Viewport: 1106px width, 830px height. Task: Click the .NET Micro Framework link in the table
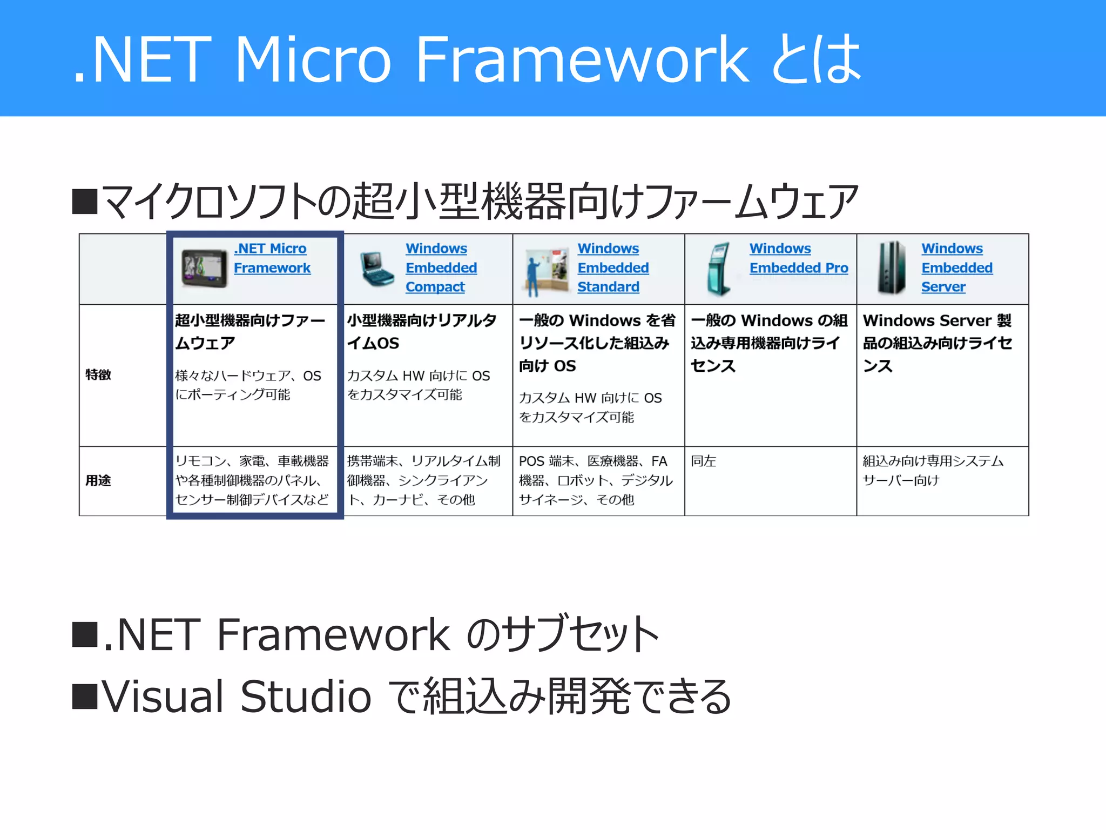click(271, 258)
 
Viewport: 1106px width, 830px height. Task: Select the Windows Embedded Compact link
click(440, 268)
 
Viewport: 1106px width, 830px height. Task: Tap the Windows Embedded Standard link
click(612, 268)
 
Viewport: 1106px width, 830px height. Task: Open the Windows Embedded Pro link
click(798, 258)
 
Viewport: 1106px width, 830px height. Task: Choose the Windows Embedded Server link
click(956, 268)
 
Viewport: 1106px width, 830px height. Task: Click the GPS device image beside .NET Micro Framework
click(204, 268)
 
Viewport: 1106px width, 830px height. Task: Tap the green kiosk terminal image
click(719, 269)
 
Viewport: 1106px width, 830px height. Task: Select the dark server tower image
click(892, 268)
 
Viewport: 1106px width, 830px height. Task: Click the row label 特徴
click(98, 374)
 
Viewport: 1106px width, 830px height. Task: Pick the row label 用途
click(98, 480)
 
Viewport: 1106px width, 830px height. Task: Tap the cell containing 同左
click(703, 461)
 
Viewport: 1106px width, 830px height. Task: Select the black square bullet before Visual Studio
click(85, 696)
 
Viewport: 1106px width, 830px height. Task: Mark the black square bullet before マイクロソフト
click(85, 202)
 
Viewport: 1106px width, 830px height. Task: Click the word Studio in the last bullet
click(305, 696)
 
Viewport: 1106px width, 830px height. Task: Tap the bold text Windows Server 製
click(936, 320)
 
